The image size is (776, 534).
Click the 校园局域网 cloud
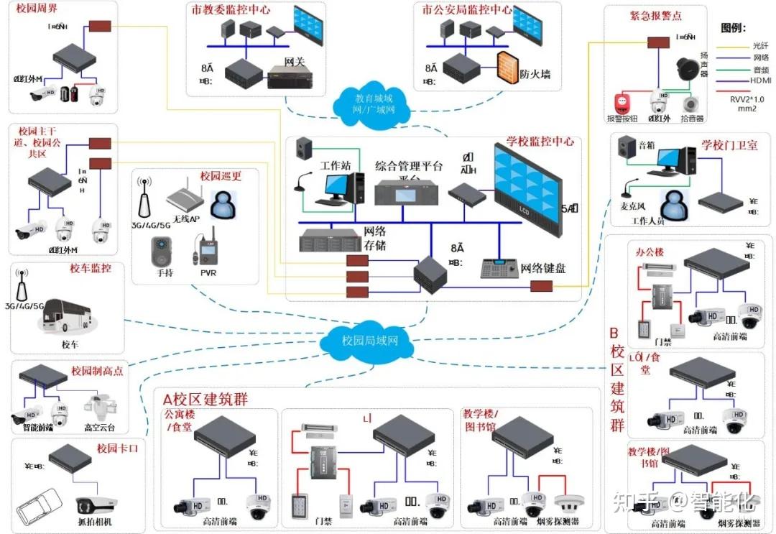[369, 339]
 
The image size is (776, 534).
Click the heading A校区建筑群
[205, 399]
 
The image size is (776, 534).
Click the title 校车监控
[90, 269]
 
